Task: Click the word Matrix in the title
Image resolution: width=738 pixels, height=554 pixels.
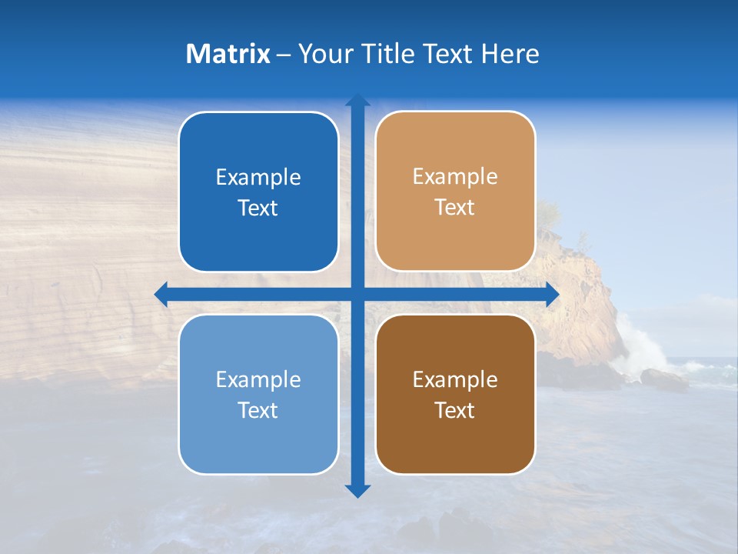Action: [x=228, y=54]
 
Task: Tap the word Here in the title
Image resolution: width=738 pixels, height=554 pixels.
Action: [x=510, y=54]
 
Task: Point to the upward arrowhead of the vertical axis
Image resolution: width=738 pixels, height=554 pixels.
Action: [x=357, y=100]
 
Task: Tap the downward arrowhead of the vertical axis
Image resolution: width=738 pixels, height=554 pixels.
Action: [x=357, y=490]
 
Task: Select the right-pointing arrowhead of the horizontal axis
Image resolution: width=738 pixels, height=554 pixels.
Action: [x=552, y=294]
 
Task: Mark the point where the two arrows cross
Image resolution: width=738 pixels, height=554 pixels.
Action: [x=357, y=294]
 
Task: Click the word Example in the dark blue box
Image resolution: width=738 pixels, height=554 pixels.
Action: [x=258, y=178]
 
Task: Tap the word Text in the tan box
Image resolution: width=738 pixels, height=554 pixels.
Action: [x=455, y=208]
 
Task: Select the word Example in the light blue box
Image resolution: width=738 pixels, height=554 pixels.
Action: [x=258, y=379]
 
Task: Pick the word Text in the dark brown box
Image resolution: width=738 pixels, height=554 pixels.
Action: [x=455, y=411]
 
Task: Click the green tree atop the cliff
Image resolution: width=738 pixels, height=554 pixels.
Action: [x=548, y=212]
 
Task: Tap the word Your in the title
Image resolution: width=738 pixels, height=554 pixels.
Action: [x=323, y=54]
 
